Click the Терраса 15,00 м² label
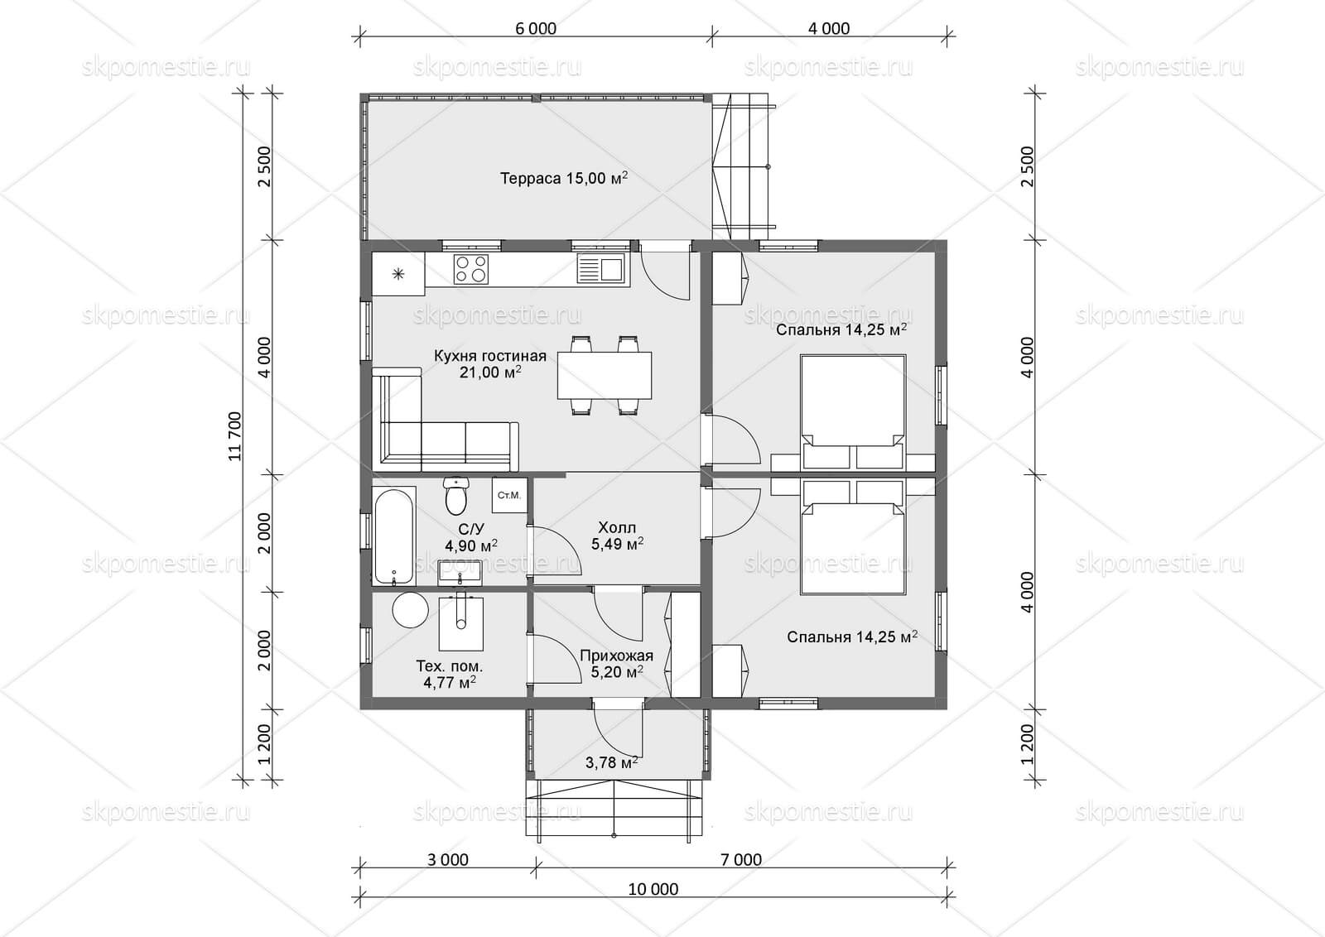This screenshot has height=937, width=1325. [x=564, y=178]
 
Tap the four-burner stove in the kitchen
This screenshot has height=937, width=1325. [x=471, y=269]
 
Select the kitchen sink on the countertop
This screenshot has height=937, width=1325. [x=600, y=269]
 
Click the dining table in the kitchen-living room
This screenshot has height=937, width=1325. [x=605, y=376]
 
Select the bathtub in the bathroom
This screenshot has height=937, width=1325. [x=394, y=535]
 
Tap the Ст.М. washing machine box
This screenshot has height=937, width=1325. [x=509, y=495]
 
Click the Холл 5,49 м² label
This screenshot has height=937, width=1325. [x=617, y=536]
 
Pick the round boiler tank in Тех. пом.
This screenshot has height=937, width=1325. [x=410, y=611]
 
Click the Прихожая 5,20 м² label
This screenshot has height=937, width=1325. [x=616, y=663]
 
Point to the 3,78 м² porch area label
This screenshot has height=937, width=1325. [x=612, y=762]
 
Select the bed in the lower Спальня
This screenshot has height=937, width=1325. [x=853, y=536]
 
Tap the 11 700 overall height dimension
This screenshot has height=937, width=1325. [x=235, y=436]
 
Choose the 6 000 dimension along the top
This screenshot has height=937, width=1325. [x=535, y=28]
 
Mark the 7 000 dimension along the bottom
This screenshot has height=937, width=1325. [x=740, y=859]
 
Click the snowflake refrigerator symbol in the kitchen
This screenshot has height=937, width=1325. [x=398, y=274]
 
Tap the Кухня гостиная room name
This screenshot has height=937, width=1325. [x=489, y=356]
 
